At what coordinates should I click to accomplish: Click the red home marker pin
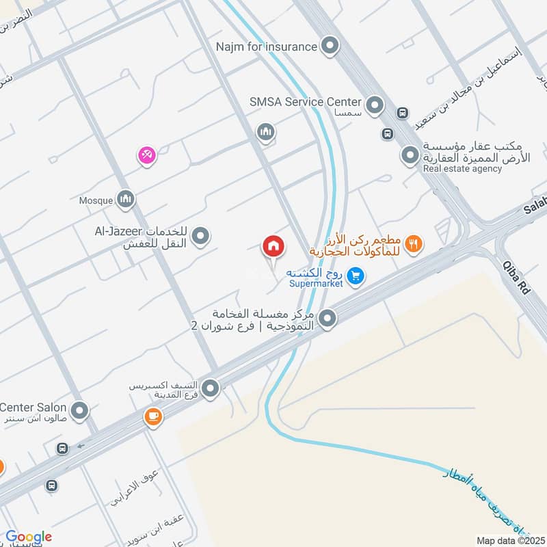coord(273,246)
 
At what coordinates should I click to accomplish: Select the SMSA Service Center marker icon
coord(374,105)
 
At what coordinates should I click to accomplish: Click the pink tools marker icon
coord(146,156)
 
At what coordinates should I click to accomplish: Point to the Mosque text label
coord(95,200)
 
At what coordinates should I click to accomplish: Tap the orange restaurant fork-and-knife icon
coord(413,242)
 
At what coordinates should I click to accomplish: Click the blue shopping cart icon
coord(354,276)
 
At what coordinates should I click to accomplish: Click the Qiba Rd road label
coord(516,278)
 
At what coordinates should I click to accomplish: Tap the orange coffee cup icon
coord(152,417)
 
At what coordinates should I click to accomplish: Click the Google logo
coord(29,537)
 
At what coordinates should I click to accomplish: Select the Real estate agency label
coord(462,169)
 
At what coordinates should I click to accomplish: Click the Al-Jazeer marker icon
coord(200,237)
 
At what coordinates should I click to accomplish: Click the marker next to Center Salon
coord(80,411)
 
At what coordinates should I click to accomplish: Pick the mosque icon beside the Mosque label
coord(124,200)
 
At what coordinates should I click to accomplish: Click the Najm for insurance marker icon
coord(330,46)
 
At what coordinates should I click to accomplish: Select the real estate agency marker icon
coord(410,157)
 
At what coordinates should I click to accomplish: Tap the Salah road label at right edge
coord(535,206)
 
